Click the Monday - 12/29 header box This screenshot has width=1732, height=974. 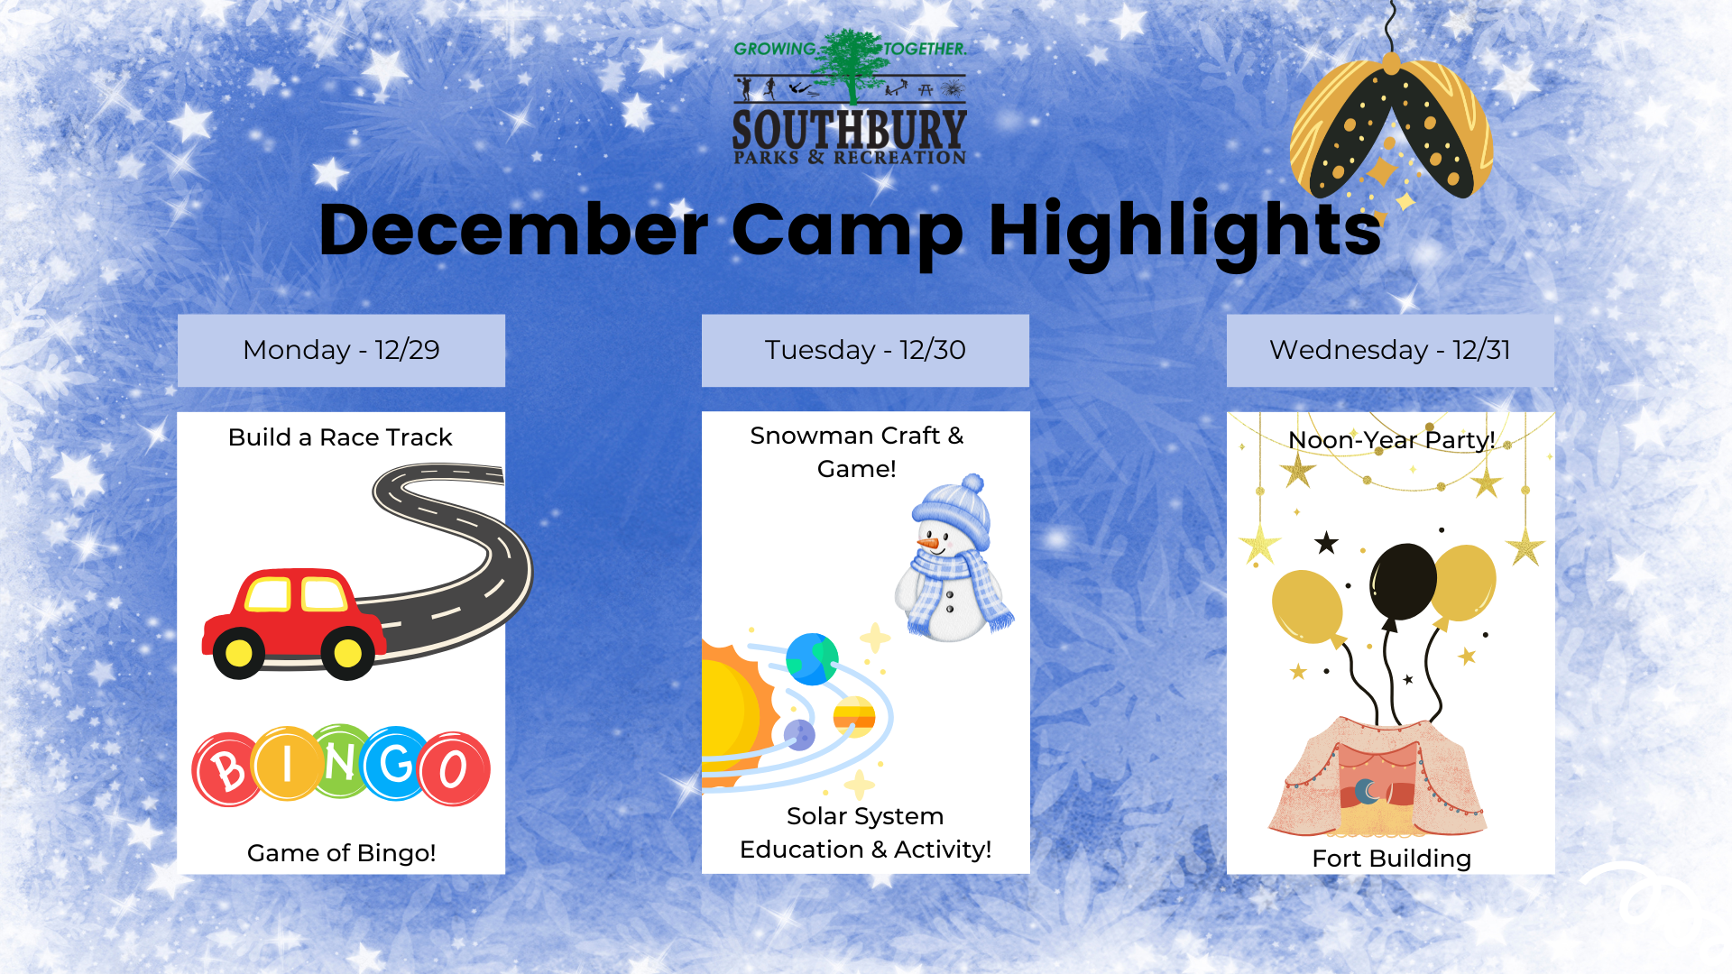(x=341, y=351)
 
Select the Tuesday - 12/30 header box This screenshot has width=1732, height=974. (x=865, y=351)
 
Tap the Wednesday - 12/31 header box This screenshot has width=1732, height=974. (x=1390, y=351)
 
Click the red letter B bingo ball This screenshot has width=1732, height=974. (x=227, y=769)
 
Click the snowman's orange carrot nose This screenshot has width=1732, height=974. (x=927, y=544)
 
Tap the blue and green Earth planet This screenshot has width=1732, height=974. (x=812, y=659)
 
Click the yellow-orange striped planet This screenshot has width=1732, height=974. (x=854, y=717)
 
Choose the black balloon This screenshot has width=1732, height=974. (x=1403, y=582)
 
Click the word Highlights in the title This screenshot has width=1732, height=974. (x=1184, y=231)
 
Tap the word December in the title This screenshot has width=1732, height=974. (x=513, y=230)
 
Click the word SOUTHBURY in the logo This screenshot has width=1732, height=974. (x=849, y=130)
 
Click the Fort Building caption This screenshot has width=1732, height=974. (x=1391, y=859)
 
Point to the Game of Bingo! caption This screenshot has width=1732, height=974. (x=341, y=853)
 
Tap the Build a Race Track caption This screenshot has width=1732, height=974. (x=340, y=437)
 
